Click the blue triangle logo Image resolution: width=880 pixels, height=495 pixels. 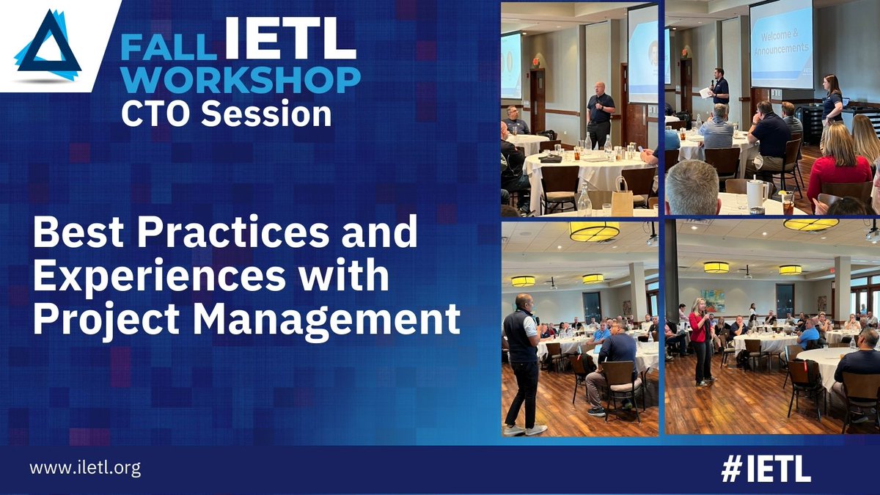pyautogui.click(x=48, y=45)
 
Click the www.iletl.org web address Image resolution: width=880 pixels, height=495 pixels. pyautogui.click(x=85, y=468)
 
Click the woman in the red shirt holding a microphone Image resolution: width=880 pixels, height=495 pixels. pyautogui.click(x=700, y=337)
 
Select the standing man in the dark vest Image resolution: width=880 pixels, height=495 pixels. pyautogui.click(x=524, y=359)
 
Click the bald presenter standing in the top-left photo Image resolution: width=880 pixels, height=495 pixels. pyautogui.click(x=601, y=114)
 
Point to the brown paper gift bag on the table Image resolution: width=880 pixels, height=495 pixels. pyautogui.click(x=622, y=197)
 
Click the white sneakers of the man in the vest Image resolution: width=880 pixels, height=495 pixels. pyautogui.click(x=524, y=430)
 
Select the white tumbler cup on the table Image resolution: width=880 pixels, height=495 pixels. pyautogui.click(x=755, y=193)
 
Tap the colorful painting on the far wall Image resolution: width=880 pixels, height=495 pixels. pyautogui.click(x=712, y=300)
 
